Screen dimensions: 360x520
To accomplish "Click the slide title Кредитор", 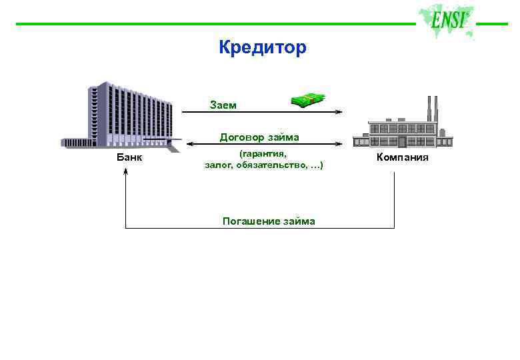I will [x=262, y=47].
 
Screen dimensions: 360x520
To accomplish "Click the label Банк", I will [x=129, y=157].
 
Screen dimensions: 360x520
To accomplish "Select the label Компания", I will [x=402, y=157].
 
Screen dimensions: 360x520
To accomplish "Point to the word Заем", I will [x=223, y=105].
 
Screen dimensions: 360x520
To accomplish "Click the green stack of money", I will [x=308, y=100].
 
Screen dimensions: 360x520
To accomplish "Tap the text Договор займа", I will [x=259, y=137].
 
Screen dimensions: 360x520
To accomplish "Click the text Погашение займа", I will [x=269, y=221].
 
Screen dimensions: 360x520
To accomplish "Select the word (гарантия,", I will [x=262, y=153].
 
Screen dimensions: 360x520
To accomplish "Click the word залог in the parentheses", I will [x=218, y=164].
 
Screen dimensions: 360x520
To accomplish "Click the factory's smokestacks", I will [x=431, y=108].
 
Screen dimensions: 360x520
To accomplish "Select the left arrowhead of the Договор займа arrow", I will [x=186, y=143].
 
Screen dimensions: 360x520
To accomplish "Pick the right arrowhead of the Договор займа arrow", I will [x=339, y=143].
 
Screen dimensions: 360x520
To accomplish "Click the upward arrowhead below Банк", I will [x=126, y=172].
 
